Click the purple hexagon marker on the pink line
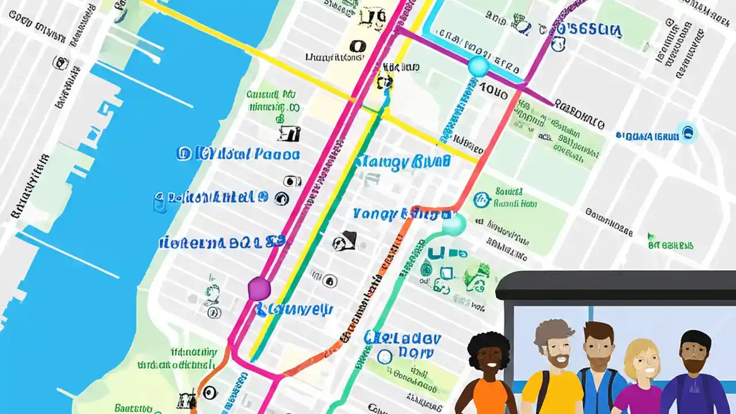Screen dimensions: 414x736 259,288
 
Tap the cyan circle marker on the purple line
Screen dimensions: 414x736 478,67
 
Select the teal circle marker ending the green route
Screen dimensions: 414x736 454,224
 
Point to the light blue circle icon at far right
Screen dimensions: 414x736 686,133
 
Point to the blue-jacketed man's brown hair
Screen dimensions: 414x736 599,331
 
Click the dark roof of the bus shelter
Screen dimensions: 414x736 615,285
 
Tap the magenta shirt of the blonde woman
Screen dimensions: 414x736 638,400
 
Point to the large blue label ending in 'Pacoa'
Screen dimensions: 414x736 239,154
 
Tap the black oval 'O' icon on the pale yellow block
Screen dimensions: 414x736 357,45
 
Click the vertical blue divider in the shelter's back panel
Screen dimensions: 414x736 591,313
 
